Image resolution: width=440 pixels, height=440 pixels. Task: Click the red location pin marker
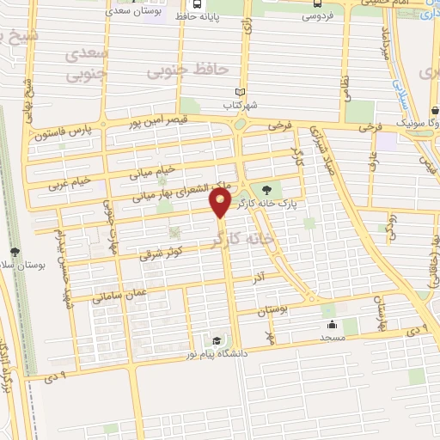pos(221,203)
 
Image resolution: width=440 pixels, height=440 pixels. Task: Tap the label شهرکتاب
pos(241,105)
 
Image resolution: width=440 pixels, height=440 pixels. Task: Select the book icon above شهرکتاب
pos(241,93)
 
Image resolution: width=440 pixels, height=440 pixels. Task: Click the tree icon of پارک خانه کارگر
pos(266,191)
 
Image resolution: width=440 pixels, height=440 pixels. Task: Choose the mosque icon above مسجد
pos(332,326)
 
